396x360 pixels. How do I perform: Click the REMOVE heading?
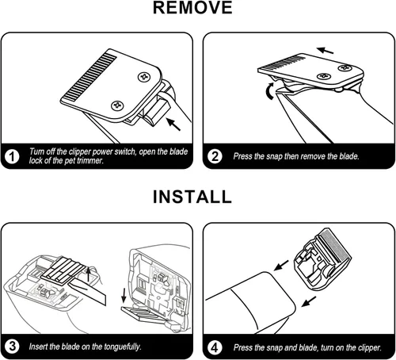(x=192, y=8)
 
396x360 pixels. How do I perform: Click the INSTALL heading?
(x=192, y=197)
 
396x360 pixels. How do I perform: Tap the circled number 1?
(x=12, y=156)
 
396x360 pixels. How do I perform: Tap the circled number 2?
(x=215, y=156)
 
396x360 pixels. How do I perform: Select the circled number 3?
(x=12, y=347)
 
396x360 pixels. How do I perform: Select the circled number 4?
(x=215, y=347)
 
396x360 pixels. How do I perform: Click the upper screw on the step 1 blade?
(x=145, y=77)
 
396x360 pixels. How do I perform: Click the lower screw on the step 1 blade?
(x=117, y=106)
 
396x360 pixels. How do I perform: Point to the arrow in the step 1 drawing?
(x=173, y=124)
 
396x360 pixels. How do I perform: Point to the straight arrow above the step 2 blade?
(x=325, y=50)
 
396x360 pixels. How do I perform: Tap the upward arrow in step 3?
(x=89, y=274)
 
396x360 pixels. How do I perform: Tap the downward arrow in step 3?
(x=124, y=296)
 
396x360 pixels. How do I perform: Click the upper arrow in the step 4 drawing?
(x=281, y=266)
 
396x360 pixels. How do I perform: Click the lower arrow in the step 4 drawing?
(x=309, y=301)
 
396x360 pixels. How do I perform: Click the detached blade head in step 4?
(x=322, y=260)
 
